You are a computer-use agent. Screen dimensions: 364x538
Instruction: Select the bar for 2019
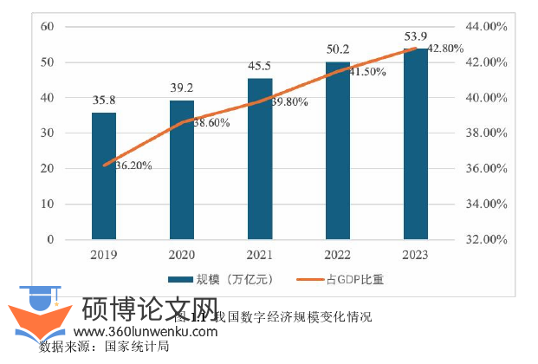(104, 176)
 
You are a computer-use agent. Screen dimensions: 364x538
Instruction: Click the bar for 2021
(260, 159)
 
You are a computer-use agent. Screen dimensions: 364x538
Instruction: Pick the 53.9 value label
(416, 36)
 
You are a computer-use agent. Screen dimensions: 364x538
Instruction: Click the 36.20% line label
(127, 166)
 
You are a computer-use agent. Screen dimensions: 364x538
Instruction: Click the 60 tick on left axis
(49, 27)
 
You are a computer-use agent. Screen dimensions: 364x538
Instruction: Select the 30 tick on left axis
(49, 133)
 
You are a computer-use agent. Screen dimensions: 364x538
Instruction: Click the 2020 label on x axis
(182, 256)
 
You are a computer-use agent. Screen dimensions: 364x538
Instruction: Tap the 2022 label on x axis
(338, 256)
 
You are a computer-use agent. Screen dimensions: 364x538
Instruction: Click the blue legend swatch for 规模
(180, 279)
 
